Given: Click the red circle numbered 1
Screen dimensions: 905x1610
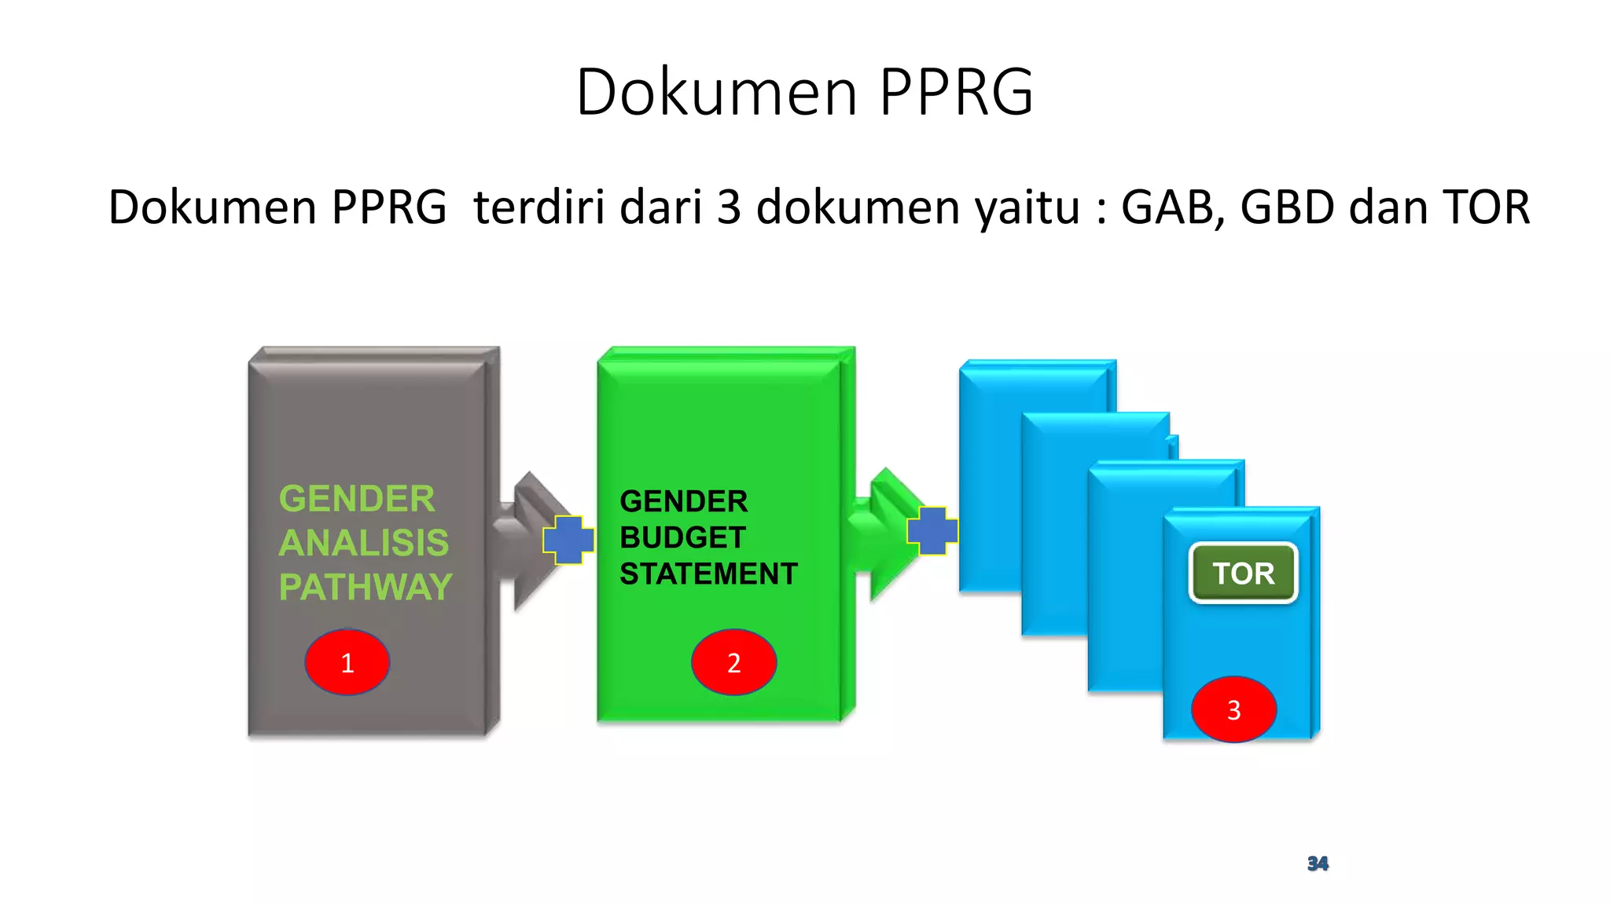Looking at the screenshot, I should click(x=347, y=662).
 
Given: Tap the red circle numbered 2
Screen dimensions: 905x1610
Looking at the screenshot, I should click(x=733, y=662).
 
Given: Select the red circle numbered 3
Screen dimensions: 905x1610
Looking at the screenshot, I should click(x=1233, y=709).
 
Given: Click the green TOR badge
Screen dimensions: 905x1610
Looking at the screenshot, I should click(x=1243, y=573).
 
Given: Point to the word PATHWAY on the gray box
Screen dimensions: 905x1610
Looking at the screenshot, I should click(x=366, y=587).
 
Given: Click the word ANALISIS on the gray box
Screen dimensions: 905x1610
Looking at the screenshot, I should click(x=364, y=543).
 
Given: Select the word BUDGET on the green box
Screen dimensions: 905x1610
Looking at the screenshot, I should click(x=682, y=538).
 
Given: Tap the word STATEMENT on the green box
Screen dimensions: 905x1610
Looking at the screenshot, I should click(x=708, y=574).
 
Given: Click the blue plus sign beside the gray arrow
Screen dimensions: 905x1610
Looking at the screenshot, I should click(x=568, y=540).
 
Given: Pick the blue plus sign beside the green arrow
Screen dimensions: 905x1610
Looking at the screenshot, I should click(x=932, y=531).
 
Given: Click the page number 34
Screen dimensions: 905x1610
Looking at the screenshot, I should click(x=1318, y=863).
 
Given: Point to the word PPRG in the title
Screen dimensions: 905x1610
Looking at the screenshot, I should click(x=955, y=92).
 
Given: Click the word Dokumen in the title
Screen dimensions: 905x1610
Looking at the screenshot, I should click(x=716, y=92).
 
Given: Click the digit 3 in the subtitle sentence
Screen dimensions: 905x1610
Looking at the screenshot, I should click(x=729, y=207).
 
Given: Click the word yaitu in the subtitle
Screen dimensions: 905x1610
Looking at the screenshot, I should click(x=1027, y=207).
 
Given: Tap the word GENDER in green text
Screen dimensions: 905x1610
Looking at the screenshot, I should click(x=357, y=499).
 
